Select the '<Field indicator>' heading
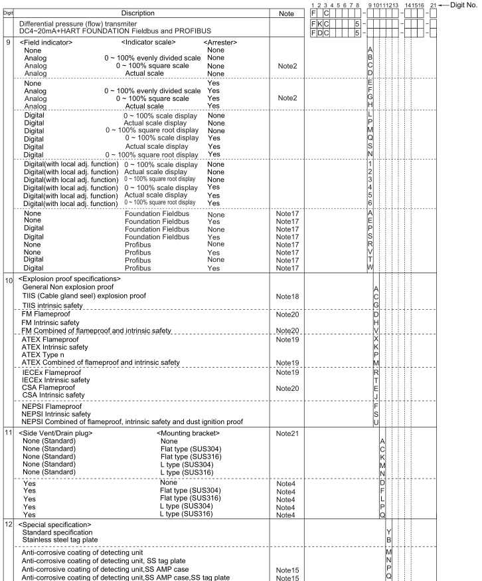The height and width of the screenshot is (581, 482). tap(46, 43)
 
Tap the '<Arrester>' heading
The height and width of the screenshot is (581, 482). tap(220, 43)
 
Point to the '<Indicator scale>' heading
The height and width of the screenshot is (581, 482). tap(151, 43)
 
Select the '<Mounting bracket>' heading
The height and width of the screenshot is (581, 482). tap(189, 433)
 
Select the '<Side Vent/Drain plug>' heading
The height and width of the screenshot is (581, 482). tap(56, 433)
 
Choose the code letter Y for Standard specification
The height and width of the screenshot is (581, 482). tap(389, 532)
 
